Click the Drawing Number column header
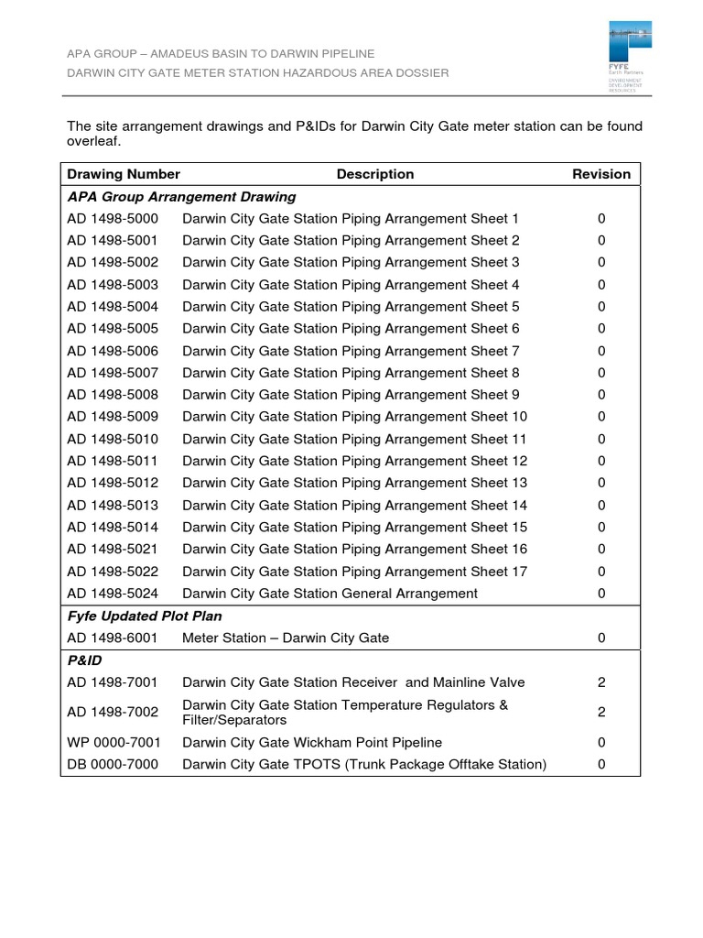[124, 174]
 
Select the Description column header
[375, 174]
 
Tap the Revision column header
[601, 174]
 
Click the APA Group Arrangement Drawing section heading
[181, 196]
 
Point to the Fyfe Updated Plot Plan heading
[145, 616]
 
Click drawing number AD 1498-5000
[113, 219]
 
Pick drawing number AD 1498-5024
[113, 594]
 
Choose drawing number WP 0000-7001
[113, 742]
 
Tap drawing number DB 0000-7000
[113, 764]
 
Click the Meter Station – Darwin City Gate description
[286, 638]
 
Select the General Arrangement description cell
[330, 594]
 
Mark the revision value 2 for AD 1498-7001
[601, 682]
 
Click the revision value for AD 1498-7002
[601, 713]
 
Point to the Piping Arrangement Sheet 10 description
[355, 417]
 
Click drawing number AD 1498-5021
[113, 550]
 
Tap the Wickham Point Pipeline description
[312, 742]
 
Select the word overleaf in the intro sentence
[93, 143]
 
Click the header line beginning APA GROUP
[221, 54]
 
